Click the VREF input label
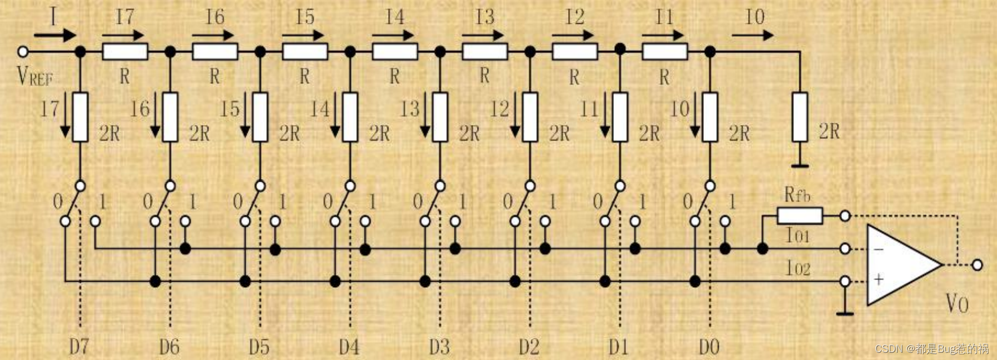34,76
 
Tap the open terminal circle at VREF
23,52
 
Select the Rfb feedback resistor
799,216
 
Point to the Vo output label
957,304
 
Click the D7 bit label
79,347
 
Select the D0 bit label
709,347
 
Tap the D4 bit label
349,347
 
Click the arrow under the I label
54,36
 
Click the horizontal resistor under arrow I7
125,52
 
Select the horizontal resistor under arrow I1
664,52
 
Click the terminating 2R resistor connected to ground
799,117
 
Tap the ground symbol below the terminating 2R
800,165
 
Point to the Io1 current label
798,236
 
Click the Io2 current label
798,269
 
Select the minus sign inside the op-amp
878,249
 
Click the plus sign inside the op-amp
878,279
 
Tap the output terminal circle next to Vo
977,265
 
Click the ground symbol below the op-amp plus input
845,313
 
